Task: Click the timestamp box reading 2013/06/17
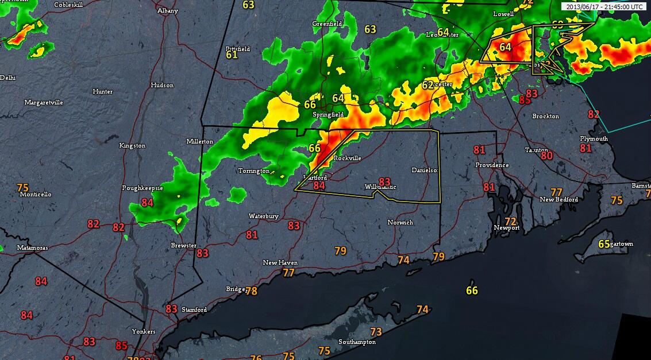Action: click(604, 7)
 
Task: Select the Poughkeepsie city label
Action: click(142, 188)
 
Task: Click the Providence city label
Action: click(492, 165)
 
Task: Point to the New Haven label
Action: click(280, 263)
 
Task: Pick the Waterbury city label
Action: click(263, 216)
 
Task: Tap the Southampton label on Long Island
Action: click(357, 342)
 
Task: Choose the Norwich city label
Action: click(400, 222)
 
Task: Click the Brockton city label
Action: click(545, 117)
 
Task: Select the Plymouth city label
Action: click(594, 139)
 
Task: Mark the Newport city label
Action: click(507, 228)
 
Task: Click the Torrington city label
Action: click(254, 171)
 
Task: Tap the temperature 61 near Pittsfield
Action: click(232, 55)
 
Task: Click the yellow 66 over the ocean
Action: click(472, 291)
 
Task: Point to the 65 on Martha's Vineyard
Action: click(604, 244)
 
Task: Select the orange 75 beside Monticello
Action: click(22, 188)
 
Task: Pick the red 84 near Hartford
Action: click(319, 185)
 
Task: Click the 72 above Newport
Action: click(510, 221)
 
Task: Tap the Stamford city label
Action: click(194, 310)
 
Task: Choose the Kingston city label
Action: click(132, 146)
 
